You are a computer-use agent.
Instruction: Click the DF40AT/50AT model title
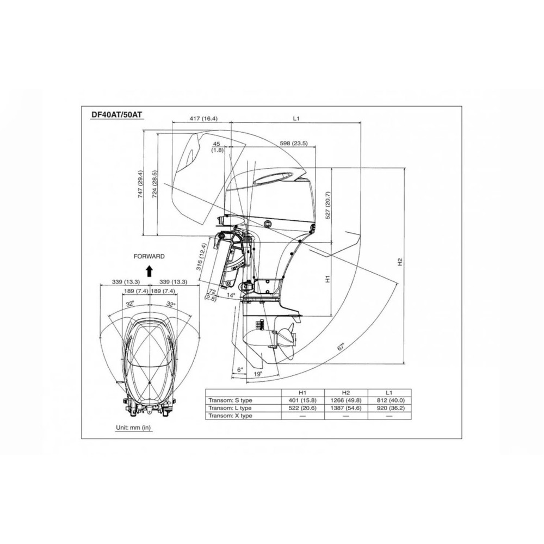click(117, 114)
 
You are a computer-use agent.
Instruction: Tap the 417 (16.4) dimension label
click(203, 119)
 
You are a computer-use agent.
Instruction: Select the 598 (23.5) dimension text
click(294, 143)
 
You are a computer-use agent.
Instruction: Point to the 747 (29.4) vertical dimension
click(140, 184)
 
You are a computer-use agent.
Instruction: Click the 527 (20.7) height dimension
click(328, 206)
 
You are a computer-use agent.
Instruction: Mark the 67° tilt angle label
click(341, 347)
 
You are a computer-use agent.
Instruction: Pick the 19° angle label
click(257, 374)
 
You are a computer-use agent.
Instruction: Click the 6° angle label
click(240, 369)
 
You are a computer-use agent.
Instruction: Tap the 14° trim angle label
click(231, 295)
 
